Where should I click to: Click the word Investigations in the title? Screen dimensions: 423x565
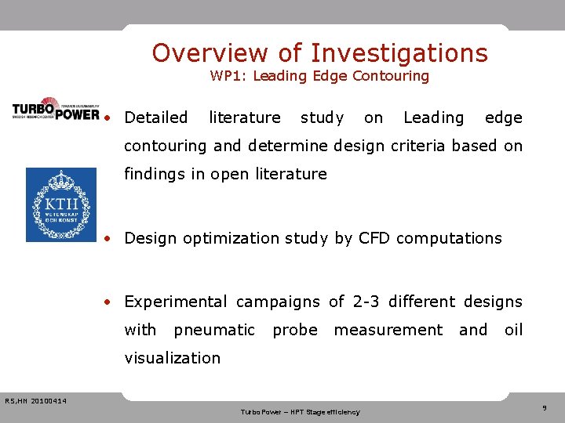[x=399, y=52]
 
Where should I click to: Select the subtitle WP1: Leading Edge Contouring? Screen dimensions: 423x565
[x=319, y=76]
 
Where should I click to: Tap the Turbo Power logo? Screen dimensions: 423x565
[x=56, y=109]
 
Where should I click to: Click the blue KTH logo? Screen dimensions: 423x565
[x=61, y=205]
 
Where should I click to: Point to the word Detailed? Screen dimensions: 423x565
[x=156, y=117]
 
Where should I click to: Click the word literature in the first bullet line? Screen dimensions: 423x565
[x=244, y=117]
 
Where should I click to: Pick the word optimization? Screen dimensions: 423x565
[x=231, y=238]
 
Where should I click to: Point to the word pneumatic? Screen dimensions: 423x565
[x=214, y=330]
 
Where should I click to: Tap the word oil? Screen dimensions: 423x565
[x=513, y=330]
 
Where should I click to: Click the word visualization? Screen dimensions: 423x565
[x=173, y=358]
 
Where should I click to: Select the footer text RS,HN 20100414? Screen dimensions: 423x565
[x=35, y=402]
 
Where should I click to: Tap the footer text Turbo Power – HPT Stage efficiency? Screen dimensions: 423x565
[x=300, y=411]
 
